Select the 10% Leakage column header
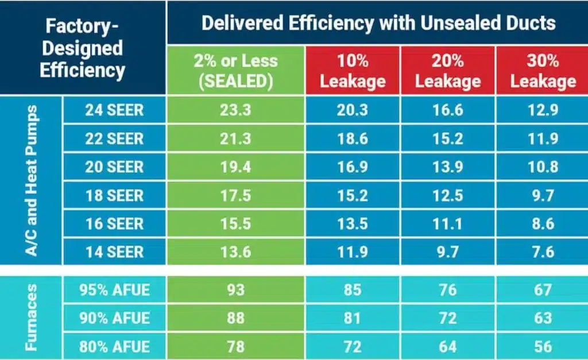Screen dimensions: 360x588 pos(353,71)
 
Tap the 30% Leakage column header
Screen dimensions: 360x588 pos(543,71)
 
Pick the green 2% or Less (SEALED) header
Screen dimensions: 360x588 pos(235,71)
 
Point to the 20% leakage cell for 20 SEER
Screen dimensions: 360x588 pos(447,167)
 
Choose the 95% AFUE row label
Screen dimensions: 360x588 pos(114,291)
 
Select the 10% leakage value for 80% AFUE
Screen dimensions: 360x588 pos(353,346)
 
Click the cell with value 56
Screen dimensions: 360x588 pos(543,346)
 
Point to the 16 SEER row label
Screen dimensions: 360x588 pos(114,223)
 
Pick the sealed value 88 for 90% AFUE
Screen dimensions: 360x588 pos(235,318)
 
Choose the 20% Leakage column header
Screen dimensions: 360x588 pos(447,71)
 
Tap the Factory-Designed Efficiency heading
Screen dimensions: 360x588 pos(84,48)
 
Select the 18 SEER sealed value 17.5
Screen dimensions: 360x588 pos(235,195)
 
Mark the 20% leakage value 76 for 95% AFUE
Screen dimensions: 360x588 pos(447,291)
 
